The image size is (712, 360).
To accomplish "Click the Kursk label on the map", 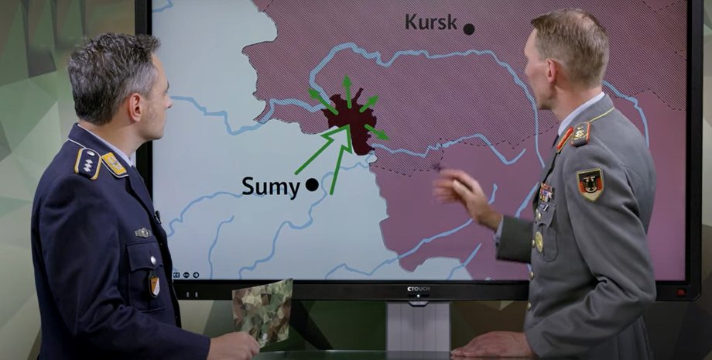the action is pyautogui.click(x=431, y=22).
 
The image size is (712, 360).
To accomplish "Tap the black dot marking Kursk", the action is pyautogui.click(x=469, y=29).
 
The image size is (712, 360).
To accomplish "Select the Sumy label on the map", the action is pyautogui.click(x=270, y=187).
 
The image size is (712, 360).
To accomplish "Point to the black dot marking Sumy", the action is pyautogui.click(x=312, y=185).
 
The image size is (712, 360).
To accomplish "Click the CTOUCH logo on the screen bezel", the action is pyautogui.click(x=418, y=289).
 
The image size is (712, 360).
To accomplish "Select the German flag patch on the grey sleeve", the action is pyautogui.click(x=590, y=184).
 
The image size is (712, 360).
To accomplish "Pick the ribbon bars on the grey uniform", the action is pyautogui.click(x=546, y=192).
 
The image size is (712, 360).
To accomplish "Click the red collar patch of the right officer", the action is pyautogui.click(x=564, y=139).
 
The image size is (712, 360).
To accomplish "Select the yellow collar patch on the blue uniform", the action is pyautogui.click(x=115, y=163).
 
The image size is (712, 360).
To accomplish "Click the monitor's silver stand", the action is pyautogui.click(x=418, y=326).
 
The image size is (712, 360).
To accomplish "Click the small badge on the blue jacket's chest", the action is pyautogui.click(x=142, y=232).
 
